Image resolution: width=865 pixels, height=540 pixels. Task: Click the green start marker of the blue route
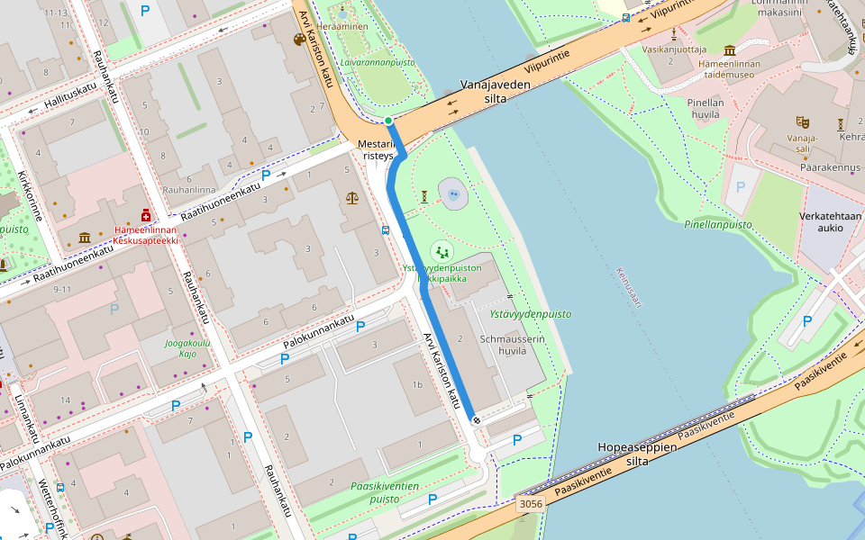coord(388,121)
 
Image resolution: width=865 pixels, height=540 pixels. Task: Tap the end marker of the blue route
coord(475,420)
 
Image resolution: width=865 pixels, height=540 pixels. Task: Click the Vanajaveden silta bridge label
coord(495,91)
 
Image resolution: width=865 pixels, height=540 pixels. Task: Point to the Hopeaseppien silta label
coord(637,454)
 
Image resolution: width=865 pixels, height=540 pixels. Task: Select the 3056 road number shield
coord(531,504)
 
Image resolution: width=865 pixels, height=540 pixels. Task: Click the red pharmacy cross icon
coord(145,216)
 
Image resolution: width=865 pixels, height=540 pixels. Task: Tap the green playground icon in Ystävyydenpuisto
coord(442,251)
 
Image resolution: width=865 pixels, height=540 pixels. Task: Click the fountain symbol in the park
coord(454,193)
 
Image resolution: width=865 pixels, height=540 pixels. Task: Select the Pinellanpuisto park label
coord(718,224)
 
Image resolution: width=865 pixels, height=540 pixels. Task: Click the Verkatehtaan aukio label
coord(830,221)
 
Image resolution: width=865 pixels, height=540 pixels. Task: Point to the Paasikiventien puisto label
coord(385,492)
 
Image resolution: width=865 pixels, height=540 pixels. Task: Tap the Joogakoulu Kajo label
coord(187,348)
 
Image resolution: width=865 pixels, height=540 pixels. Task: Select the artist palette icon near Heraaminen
coord(300,40)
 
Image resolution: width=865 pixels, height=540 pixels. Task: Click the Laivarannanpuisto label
coord(378,63)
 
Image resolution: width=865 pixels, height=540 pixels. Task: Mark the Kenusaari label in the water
coord(628,287)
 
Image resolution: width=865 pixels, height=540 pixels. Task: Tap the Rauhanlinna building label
coord(189,190)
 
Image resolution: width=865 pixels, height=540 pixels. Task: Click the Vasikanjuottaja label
coord(674,49)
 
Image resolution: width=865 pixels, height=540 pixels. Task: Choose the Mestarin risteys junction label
coord(378,149)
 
